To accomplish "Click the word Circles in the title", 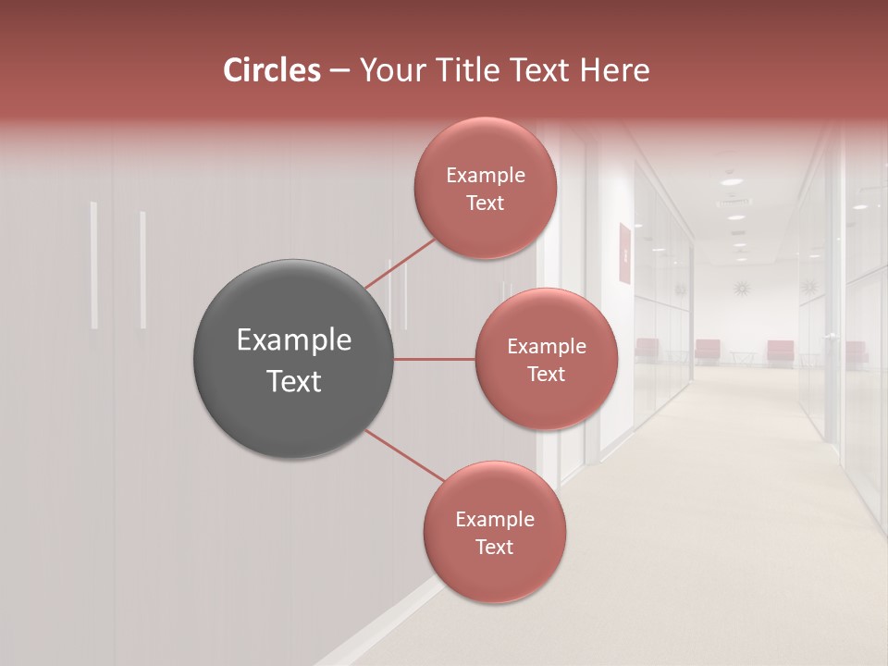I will (x=271, y=70).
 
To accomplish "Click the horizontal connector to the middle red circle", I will (x=435, y=359).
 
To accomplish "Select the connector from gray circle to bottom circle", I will (x=404, y=455).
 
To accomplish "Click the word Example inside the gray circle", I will (x=293, y=340).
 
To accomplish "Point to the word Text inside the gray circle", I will (x=293, y=381).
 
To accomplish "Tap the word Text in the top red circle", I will (x=485, y=203).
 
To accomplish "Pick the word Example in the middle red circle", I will (x=546, y=347).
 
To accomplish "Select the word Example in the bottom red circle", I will (x=494, y=520).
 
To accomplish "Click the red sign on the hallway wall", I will (x=624, y=253).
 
